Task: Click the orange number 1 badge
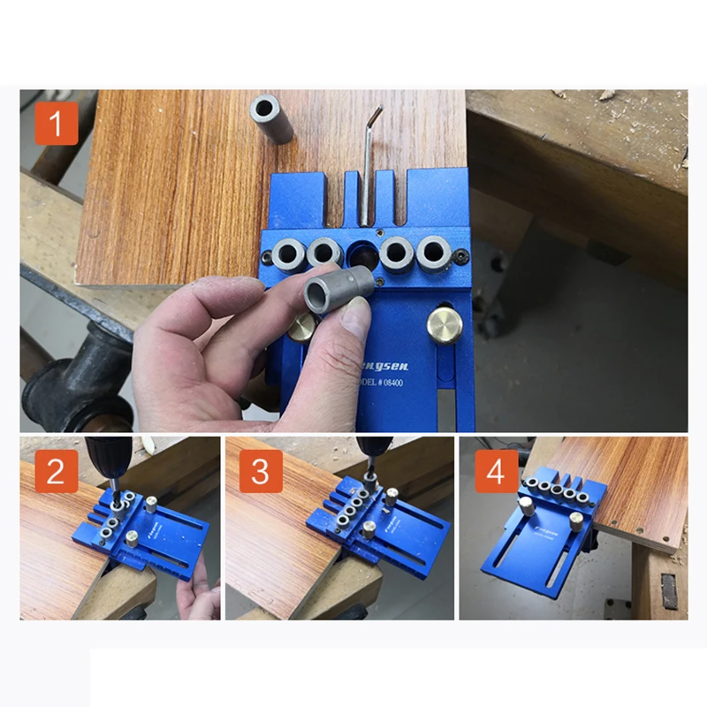click(x=56, y=124)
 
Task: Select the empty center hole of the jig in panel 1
click(x=361, y=254)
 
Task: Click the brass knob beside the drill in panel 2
click(x=151, y=505)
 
